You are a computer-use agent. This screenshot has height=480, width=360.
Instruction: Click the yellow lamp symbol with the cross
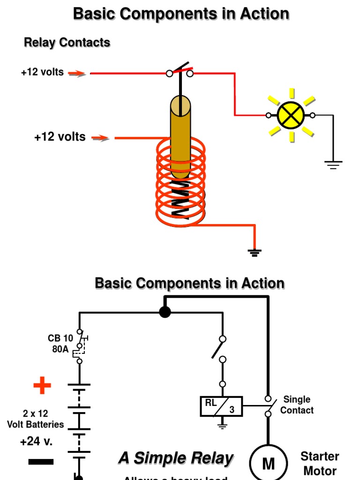[291, 115]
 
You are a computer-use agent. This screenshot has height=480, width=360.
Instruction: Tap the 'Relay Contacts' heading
[67, 43]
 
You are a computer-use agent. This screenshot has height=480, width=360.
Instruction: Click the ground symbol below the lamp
[333, 164]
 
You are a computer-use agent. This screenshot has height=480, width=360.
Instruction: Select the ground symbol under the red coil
[255, 253]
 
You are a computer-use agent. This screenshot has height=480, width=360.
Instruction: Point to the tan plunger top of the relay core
[180, 106]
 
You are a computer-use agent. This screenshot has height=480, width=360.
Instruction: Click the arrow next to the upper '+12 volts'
[77, 73]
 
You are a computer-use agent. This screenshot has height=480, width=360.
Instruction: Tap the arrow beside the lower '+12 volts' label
[100, 138]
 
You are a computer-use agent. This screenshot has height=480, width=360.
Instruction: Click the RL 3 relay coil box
[221, 406]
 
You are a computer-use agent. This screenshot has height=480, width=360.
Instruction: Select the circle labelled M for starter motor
[268, 463]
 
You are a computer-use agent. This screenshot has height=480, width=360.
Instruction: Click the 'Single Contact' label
[297, 405]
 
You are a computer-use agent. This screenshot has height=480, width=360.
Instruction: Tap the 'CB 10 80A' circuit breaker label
[60, 344]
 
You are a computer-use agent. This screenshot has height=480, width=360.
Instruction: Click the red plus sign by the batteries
[42, 386]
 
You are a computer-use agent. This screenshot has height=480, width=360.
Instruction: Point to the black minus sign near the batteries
[41, 462]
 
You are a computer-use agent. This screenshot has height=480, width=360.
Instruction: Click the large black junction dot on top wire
[165, 312]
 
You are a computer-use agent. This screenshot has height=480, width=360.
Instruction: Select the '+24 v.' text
[36, 442]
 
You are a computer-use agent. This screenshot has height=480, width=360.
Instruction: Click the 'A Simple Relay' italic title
[176, 458]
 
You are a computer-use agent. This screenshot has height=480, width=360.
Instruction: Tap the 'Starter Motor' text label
[320, 464]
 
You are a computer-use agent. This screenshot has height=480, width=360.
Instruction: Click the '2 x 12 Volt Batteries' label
[35, 419]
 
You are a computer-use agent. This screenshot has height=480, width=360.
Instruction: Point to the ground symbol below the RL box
[222, 426]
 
